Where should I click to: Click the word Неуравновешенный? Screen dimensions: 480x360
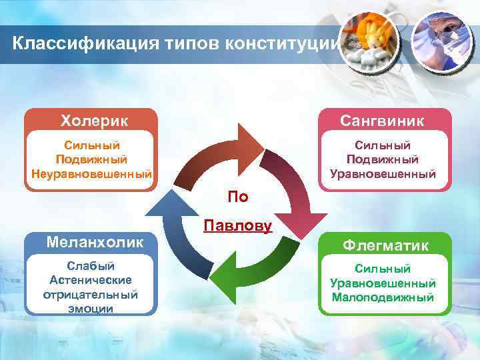(x=92, y=174)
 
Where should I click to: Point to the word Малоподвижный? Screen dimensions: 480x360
(x=383, y=297)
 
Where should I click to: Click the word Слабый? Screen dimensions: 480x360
(x=91, y=266)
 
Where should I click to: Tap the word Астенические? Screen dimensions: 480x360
(x=91, y=280)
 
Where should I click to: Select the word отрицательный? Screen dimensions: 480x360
(x=91, y=294)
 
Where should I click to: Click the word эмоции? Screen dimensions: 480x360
(x=91, y=309)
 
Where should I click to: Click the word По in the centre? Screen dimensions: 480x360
(x=238, y=196)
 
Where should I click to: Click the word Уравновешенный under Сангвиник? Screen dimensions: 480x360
(x=383, y=174)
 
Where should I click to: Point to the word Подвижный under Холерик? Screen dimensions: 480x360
(x=92, y=159)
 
